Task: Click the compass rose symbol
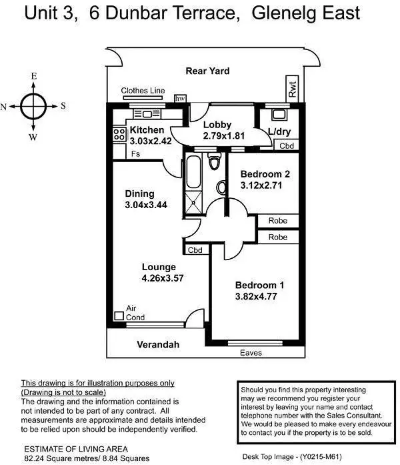coord(33,105)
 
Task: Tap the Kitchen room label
coord(146,130)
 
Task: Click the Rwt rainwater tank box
coord(292,89)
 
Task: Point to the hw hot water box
coord(179,99)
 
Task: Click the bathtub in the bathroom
coord(193,172)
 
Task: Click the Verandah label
coord(159,345)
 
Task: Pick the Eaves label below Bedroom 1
coord(251,352)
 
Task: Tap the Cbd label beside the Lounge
coord(195,250)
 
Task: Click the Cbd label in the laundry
coord(286,145)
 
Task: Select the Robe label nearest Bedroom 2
coord(277,221)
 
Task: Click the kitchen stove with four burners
coord(119,133)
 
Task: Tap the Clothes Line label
coord(142,90)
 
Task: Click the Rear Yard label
coord(207,71)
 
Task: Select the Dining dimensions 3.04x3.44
coord(145,205)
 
